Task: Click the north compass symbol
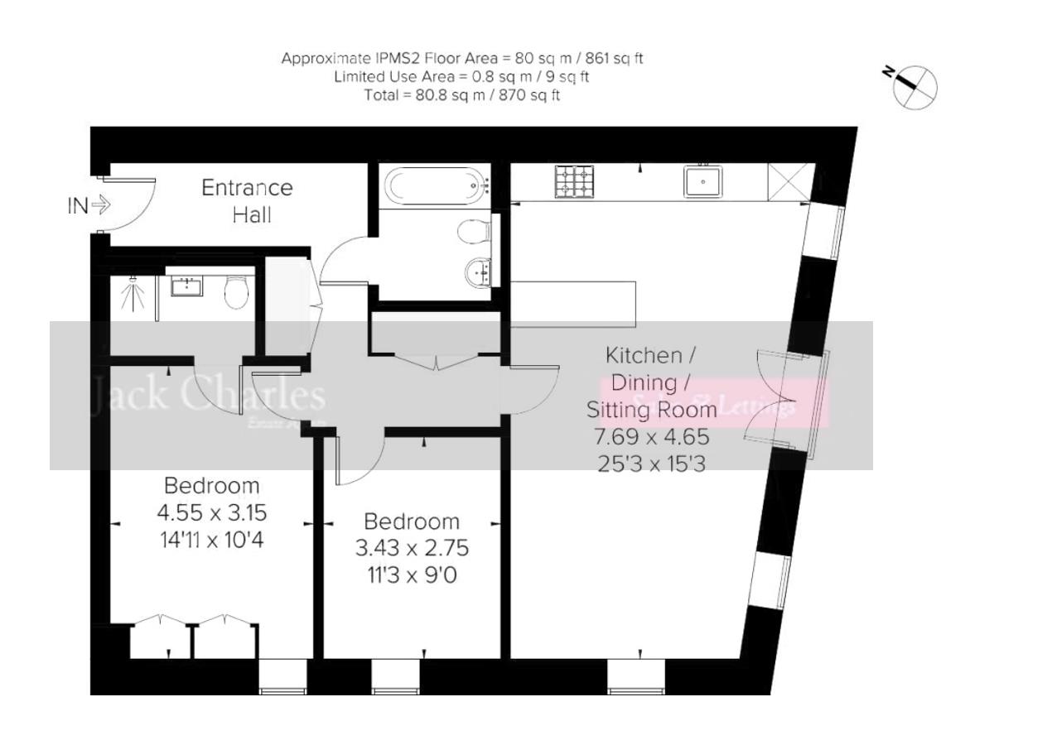tap(914, 85)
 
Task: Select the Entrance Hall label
tap(247, 200)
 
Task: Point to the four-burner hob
tap(575, 182)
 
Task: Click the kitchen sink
tap(702, 181)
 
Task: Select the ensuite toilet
tap(237, 291)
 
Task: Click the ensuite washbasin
tap(187, 287)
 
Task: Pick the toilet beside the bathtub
tap(472, 232)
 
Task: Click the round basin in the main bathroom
tap(478, 270)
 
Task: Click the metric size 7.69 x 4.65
tap(651, 436)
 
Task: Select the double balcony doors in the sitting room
tap(775, 403)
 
